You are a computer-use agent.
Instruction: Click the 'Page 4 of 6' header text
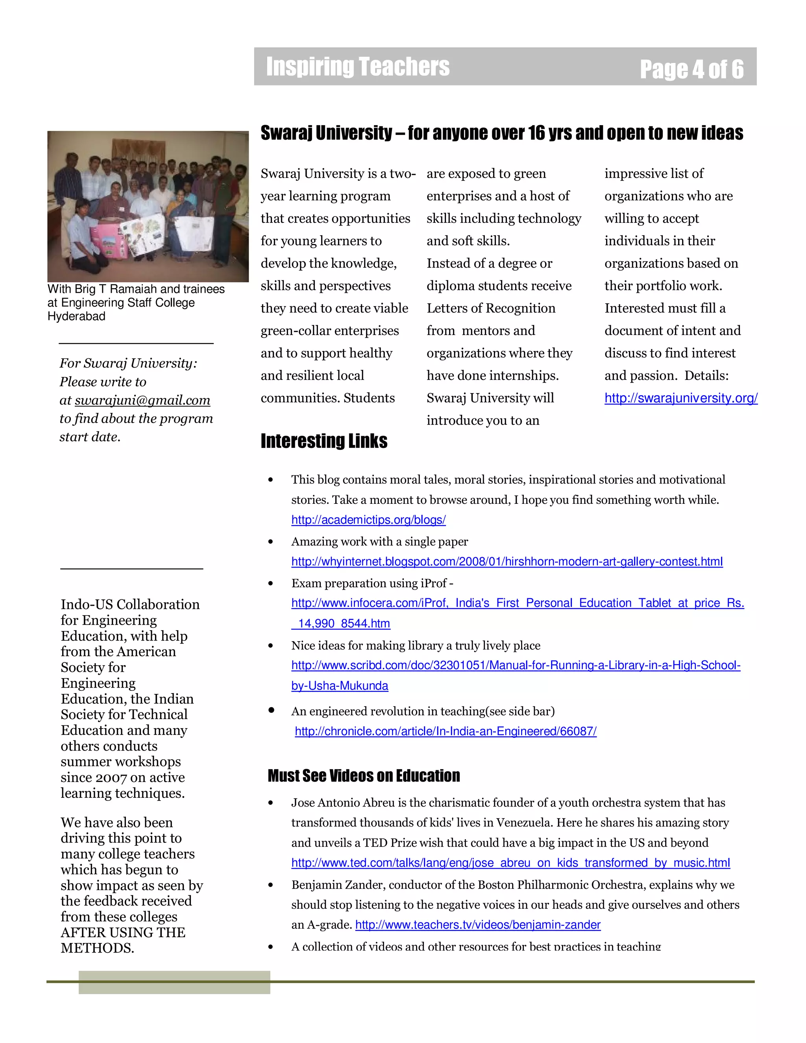pyautogui.click(x=691, y=69)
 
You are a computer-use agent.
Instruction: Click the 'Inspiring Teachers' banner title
pyautogui.click(x=358, y=67)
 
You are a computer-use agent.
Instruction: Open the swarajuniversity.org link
pyautogui.click(x=680, y=398)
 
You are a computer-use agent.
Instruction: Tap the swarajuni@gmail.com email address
pyautogui.click(x=142, y=400)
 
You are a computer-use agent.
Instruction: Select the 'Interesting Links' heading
pyautogui.click(x=324, y=441)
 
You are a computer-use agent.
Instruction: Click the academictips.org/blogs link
pyautogui.click(x=368, y=520)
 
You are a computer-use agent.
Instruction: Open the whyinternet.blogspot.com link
pyautogui.click(x=507, y=561)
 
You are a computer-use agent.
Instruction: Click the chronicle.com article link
pyautogui.click(x=446, y=731)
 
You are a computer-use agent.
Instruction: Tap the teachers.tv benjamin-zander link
pyautogui.click(x=477, y=925)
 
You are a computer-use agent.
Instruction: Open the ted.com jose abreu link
pyautogui.click(x=510, y=862)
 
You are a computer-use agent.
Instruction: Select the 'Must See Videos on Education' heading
pyautogui.click(x=363, y=776)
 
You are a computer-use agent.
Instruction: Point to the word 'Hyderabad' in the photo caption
pyautogui.click(x=76, y=316)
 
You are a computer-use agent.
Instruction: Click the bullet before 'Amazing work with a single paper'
pyautogui.click(x=271, y=542)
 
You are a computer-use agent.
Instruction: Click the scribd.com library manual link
pyautogui.click(x=516, y=665)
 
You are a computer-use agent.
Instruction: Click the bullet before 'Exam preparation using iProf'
pyautogui.click(x=271, y=583)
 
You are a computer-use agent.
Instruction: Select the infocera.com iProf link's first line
pyautogui.click(x=517, y=603)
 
